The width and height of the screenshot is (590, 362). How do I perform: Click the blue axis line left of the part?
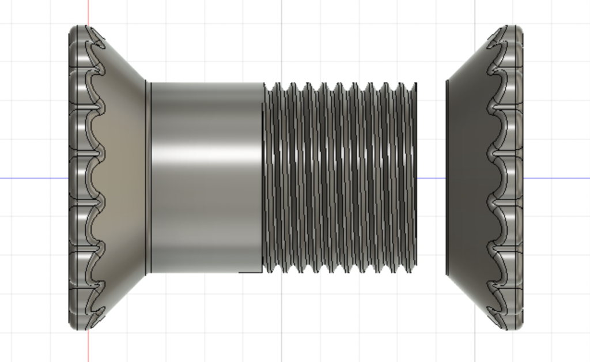click(x=35, y=178)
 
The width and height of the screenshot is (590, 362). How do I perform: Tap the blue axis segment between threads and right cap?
click(x=431, y=178)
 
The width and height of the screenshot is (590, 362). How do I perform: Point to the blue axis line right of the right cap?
click(x=556, y=178)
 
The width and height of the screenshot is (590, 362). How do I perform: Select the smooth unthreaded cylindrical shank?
click(x=205, y=208)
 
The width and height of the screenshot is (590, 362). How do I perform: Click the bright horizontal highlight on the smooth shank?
click(x=205, y=154)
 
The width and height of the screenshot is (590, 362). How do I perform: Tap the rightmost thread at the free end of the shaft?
click(x=412, y=173)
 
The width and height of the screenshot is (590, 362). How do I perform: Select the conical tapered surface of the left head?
click(x=124, y=173)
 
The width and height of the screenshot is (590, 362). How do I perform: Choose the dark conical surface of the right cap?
click(x=467, y=173)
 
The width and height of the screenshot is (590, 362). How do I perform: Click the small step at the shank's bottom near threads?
click(x=251, y=271)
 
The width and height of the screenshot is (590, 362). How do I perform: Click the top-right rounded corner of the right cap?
click(x=519, y=29)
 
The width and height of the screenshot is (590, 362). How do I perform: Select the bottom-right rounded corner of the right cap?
click(x=519, y=326)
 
